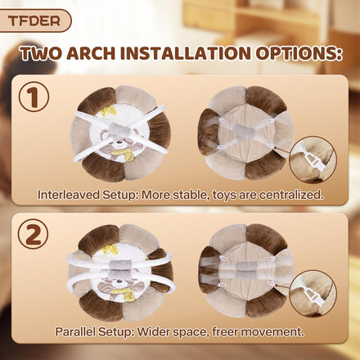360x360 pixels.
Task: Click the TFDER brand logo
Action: click(34, 20)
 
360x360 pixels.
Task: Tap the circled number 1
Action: click(34, 97)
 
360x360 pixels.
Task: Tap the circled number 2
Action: click(34, 234)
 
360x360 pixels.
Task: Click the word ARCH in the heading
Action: click(91, 53)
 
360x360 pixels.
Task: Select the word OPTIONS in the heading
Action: click(299, 53)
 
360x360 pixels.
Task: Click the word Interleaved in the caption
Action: click(69, 195)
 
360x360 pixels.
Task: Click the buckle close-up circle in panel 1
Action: click(313, 160)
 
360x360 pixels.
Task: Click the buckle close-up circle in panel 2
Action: click(313, 294)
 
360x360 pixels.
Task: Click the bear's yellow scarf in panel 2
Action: click(124, 294)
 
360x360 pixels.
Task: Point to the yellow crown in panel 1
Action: click(106, 110)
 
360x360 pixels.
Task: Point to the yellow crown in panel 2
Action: click(108, 249)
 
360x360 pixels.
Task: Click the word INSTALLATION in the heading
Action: click(186, 53)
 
